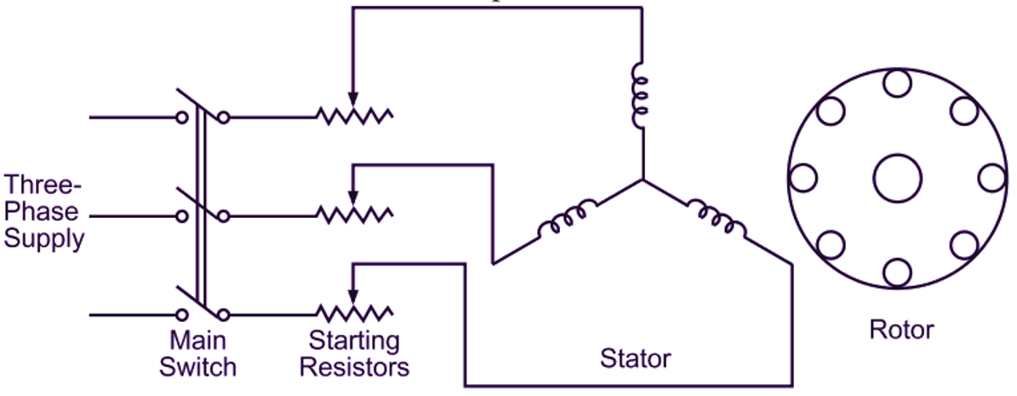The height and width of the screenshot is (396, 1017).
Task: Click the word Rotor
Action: click(x=901, y=330)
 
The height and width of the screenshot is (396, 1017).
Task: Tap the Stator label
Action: click(x=635, y=359)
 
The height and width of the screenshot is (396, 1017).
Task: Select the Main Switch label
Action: click(x=197, y=354)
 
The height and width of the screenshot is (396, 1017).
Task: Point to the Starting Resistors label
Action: click(x=354, y=354)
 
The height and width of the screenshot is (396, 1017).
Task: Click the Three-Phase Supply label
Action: click(x=44, y=212)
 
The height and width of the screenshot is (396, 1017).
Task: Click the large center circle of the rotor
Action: click(x=897, y=178)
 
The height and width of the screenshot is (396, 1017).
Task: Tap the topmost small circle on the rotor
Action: click(x=897, y=83)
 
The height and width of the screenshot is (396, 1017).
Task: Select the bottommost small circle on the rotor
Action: click(x=897, y=273)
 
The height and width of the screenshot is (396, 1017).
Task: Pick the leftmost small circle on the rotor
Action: click(x=803, y=178)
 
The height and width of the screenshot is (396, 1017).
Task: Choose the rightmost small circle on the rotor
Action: click(x=991, y=178)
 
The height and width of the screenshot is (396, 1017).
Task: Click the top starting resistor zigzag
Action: click(x=355, y=116)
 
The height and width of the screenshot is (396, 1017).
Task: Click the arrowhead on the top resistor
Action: click(x=353, y=100)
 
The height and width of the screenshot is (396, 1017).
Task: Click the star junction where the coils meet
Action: click(x=643, y=181)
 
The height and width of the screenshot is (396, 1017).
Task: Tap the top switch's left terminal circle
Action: click(x=181, y=118)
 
